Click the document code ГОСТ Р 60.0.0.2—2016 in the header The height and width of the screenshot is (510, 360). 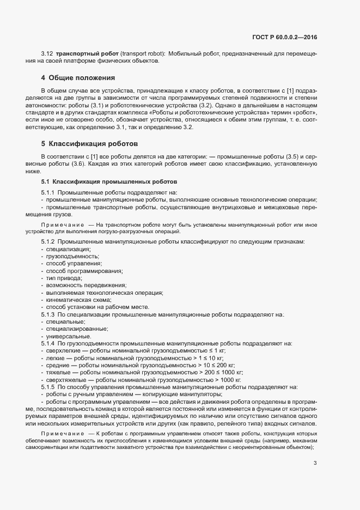click(x=285, y=37)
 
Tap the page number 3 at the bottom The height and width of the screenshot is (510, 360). click(x=315, y=463)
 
